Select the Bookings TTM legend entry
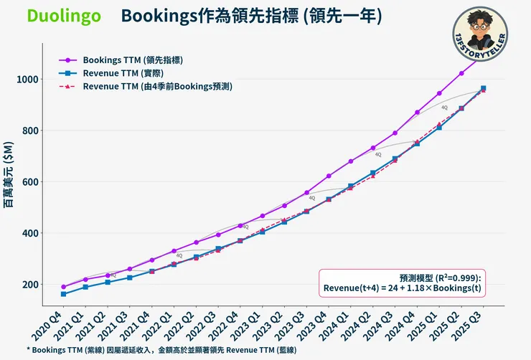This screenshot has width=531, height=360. (126, 60)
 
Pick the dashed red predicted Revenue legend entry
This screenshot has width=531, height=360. (157, 86)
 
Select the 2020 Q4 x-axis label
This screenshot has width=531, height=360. (51, 324)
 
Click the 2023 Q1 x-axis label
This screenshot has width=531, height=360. (248, 324)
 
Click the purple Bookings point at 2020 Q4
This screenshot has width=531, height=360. (64, 287)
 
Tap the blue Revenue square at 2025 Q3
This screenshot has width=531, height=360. (483, 88)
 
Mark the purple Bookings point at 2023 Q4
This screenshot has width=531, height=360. (329, 176)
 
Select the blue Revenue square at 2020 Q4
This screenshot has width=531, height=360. (64, 294)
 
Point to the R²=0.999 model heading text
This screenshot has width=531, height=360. (443, 277)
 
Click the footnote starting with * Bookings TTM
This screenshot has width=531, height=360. (161, 349)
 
